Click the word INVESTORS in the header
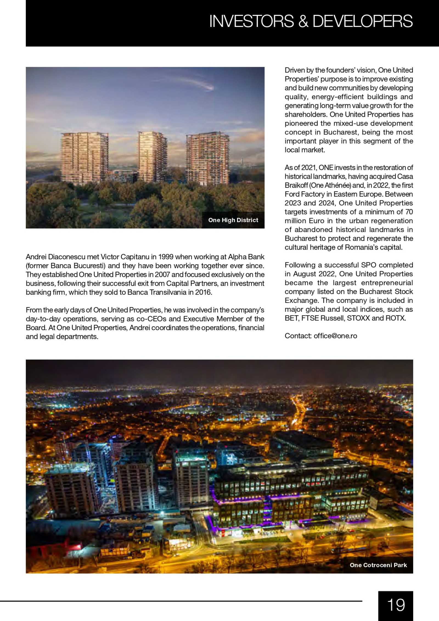click(251, 21)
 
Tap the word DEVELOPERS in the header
click(362, 21)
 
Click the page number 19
click(396, 605)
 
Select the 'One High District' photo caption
click(233, 220)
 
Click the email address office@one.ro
click(335, 336)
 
